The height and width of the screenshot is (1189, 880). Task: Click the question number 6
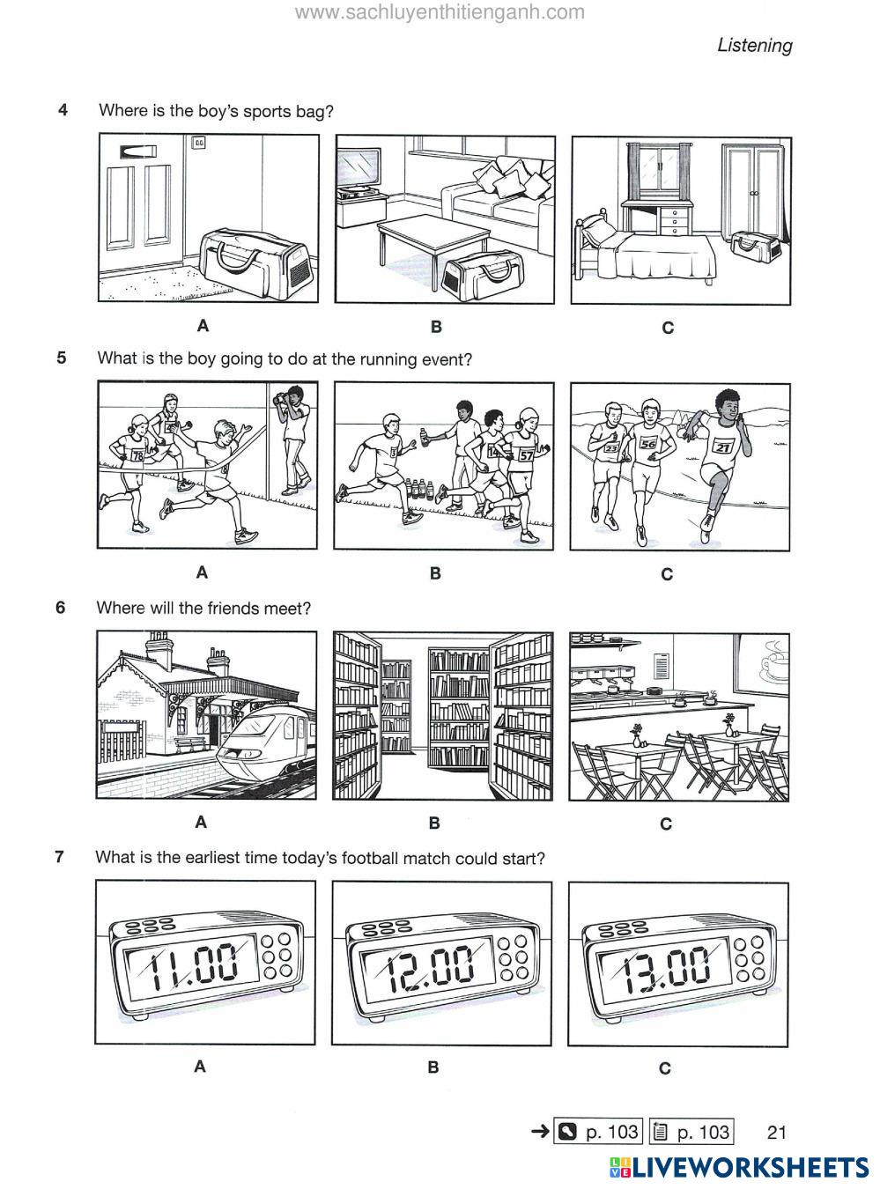pyautogui.click(x=61, y=607)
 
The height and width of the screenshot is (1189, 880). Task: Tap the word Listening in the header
pyautogui.click(x=754, y=45)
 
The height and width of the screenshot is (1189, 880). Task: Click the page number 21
pyautogui.click(x=776, y=1132)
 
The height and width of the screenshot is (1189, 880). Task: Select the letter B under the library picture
pyautogui.click(x=433, y=823)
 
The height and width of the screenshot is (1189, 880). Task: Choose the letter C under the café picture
pyautogui.click(x=666, y=824)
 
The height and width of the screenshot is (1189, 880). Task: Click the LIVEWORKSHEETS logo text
pyautogui.click(x=748, y=1168)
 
